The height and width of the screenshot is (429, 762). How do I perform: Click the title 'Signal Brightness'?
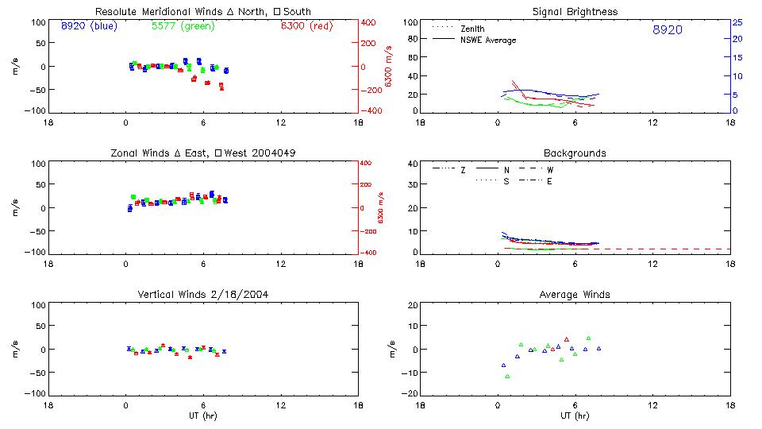pos(575,12)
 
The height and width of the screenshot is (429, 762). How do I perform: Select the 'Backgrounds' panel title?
pos(575,153)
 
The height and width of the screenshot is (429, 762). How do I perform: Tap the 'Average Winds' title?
pos(575,294)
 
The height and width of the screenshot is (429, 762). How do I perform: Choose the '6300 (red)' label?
pos(306,26)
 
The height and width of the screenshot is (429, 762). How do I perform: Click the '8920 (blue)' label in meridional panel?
pos(88,26)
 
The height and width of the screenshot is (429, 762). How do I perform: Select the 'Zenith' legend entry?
pos(473,29)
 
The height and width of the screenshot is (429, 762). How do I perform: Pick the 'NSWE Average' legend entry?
pos(488,40)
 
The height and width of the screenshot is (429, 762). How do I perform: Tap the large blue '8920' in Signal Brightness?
pos(667,30)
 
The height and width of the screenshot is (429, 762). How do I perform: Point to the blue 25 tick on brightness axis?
pos(737,22)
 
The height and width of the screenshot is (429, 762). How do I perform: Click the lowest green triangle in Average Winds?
pos(507,376)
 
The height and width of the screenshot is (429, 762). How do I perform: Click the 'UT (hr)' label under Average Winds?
pos(575,416)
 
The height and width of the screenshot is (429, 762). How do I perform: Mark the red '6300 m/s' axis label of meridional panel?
pos(388,68)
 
